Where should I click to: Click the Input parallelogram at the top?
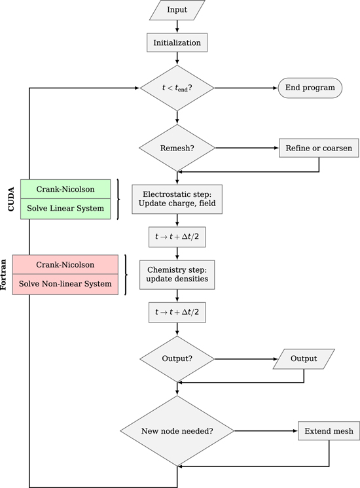pos(177,10)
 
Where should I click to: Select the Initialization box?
pos(177,43)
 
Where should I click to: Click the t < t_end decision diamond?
pos(177,88)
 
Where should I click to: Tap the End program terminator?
pos(310,88)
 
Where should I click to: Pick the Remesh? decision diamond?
pos(177,148)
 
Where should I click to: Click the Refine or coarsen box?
pos(318,148)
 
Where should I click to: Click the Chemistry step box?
pos(177,275)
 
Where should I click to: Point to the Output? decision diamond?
pos(177,358)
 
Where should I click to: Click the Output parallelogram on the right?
pos(304,358)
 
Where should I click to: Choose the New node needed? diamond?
pos(177,431)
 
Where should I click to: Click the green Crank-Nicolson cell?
pos(65,189)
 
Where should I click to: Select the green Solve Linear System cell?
pos(65,208)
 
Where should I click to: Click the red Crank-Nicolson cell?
pos(65,265)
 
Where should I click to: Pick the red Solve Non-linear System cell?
pos(65,285)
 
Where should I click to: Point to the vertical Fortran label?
pos(5,275)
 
